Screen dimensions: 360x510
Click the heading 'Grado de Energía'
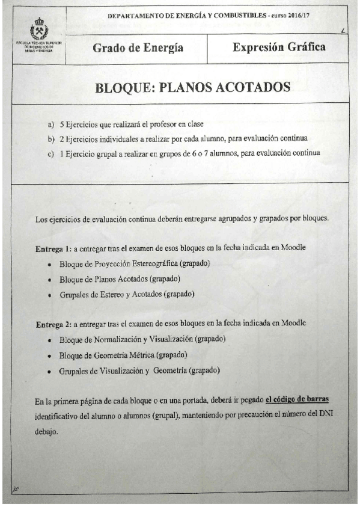[138, 48]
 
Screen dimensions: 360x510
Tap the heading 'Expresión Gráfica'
[279, 46]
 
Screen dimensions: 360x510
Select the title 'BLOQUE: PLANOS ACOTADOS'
[192, 87]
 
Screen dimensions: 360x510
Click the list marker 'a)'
[50, 125]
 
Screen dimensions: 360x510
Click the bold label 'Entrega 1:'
[53, 248]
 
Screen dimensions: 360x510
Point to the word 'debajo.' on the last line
[47, 431]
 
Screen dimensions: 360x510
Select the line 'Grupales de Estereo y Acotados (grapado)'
[126, 295]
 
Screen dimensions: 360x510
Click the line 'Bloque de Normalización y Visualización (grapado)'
[142, 340]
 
